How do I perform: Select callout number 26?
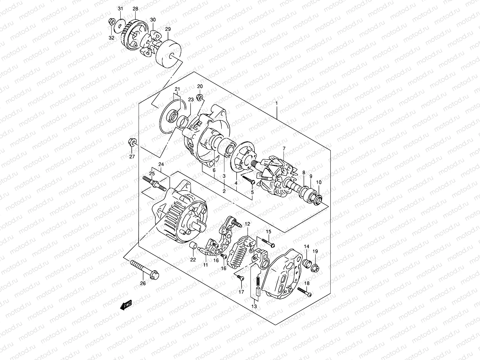[x=143, y=283]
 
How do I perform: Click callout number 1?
[x=277, y=103]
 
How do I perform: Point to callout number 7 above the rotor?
[x=284, y=148]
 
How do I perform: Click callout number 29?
[x=168, y=29]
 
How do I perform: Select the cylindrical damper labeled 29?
[x=169, y=54]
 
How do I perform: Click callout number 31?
[x=120, y=9]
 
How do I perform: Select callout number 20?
[x=200, y=86]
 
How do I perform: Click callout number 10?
[x=319, y=182]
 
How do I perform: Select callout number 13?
[x=254, y=306]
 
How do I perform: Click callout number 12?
[x=247, y=224]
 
